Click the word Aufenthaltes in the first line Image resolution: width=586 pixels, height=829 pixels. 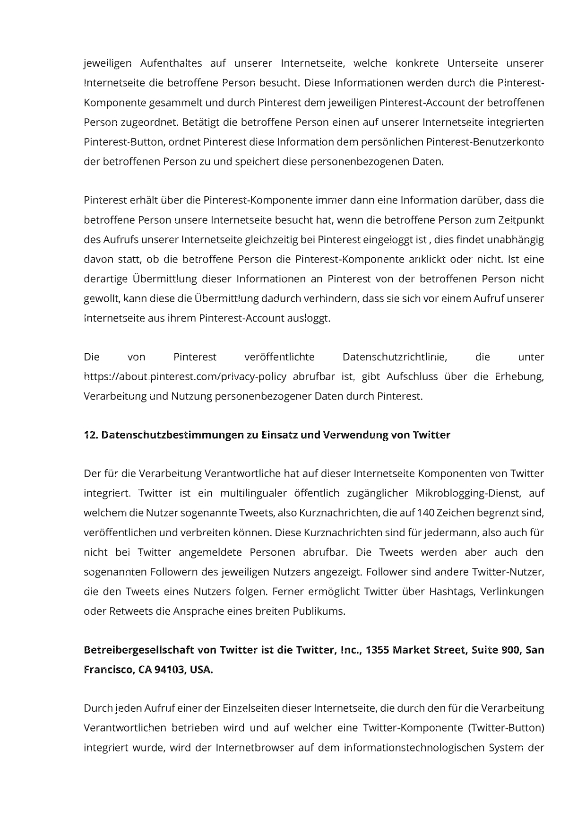click(x=171, y=63)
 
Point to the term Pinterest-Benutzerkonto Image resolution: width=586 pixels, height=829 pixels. click(x=485, y=142)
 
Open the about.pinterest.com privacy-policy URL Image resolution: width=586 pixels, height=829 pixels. click(x=185, y=377)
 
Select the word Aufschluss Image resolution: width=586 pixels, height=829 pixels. click(x=413, y=377)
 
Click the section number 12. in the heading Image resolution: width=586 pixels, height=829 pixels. click(x=90, y=435)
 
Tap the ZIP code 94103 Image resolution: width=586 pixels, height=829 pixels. click(x=170, y=671)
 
